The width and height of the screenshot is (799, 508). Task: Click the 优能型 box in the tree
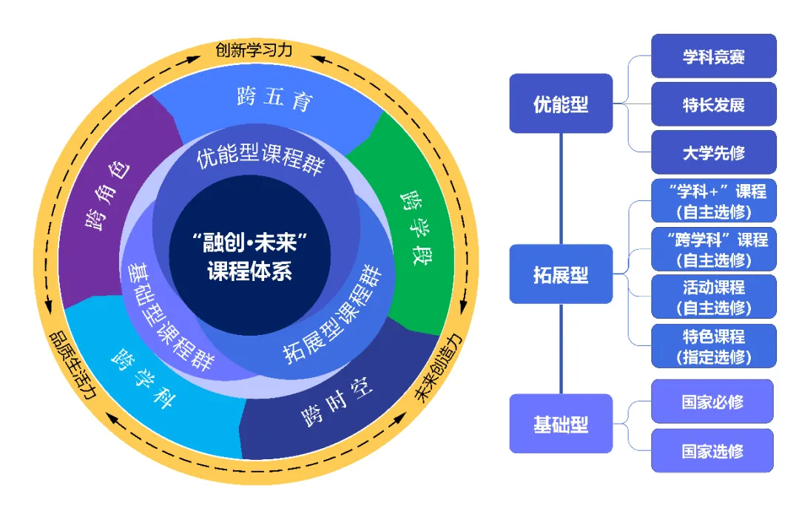click(x=561, y=104)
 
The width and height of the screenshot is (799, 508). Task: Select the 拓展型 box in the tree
click(x=561, y=274)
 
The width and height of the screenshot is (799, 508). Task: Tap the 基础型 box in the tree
click(x=561, y=424)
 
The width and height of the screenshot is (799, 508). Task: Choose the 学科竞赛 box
click(x=713, y=56)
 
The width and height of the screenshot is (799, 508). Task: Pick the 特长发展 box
click(x=713, y=104)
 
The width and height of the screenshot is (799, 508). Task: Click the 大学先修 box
click(x=713, y=153)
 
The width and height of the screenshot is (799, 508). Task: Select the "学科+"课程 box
click(x=713, y=201)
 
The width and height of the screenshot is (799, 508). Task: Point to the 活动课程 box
click(x=713, y=297)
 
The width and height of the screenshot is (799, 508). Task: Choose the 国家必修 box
click(x=712, y=402)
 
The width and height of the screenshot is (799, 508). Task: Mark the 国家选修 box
click(x=712, y=450)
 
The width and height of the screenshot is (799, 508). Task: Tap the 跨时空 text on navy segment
click(x=337, y=404)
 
